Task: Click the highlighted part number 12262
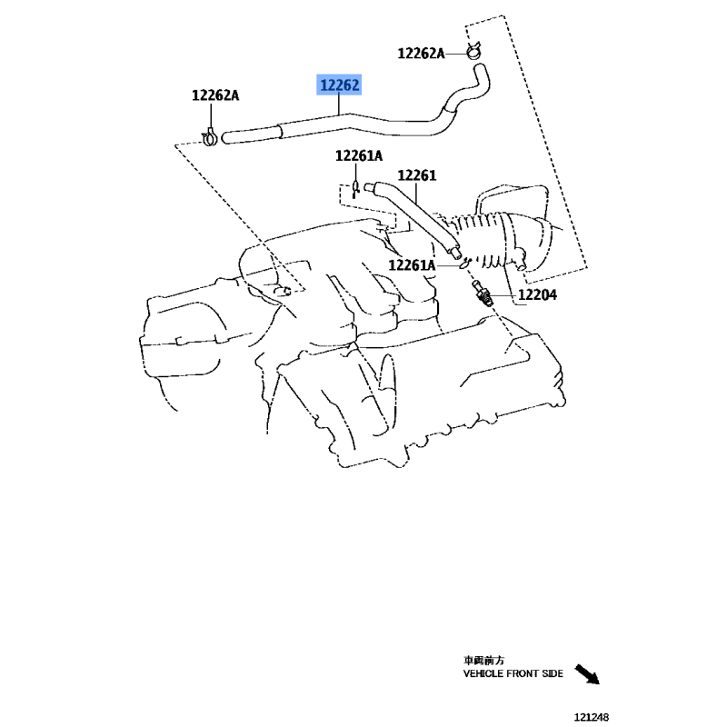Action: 339,85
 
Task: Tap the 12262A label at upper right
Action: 421,54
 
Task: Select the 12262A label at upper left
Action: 215,95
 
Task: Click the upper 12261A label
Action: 359,155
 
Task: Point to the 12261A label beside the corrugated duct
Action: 412,265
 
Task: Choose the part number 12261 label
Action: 417,175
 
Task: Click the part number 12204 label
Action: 537,294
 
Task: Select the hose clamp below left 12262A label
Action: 210,137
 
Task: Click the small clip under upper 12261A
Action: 356,188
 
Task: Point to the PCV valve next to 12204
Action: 482,294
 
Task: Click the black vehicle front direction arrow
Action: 587,674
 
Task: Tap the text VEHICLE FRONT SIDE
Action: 513,673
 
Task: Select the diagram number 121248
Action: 592,717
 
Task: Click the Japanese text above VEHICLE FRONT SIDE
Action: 483,660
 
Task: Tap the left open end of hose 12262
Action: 226,138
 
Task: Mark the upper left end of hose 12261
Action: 370,187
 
